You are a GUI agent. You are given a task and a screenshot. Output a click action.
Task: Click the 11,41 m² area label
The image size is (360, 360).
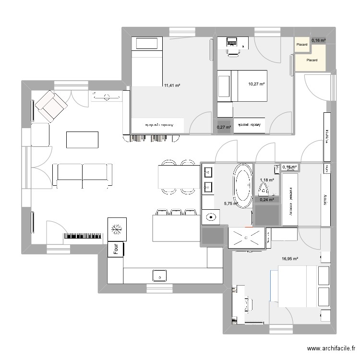[x=172, y=85]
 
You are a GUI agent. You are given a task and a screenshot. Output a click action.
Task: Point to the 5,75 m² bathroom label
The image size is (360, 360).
[x=231, y=204]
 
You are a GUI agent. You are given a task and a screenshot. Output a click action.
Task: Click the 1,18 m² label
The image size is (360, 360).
[x=267, y=180]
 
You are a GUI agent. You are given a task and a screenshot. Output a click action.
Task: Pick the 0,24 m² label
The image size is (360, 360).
[x=267, y=200]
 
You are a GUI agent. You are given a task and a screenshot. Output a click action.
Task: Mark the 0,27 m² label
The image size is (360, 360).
[x=224, y=127]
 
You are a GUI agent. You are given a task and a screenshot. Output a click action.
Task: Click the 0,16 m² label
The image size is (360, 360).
[x=319, y=40]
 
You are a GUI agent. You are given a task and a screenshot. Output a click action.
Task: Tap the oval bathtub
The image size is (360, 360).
[x=242, y=186]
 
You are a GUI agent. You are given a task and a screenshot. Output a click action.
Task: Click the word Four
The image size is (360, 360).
[x=116, y=249]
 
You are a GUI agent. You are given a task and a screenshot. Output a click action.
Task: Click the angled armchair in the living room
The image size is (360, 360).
[x=50, y=106]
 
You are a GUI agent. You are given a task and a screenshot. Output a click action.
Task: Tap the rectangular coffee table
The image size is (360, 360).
[x=82, y=140]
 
